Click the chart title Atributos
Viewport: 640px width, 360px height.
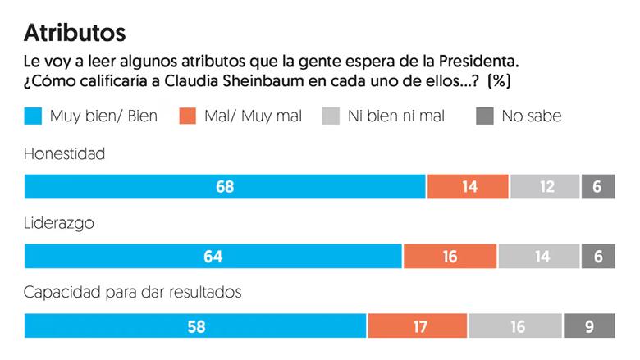[75, 32]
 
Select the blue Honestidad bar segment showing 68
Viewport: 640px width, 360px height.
[225, 187]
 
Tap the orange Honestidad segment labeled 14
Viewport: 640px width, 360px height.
[468, 187]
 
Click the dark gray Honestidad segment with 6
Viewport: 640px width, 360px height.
[597, 187]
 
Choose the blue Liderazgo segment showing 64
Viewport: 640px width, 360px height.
[213, 256]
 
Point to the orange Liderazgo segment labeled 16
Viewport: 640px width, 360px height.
[450, 256]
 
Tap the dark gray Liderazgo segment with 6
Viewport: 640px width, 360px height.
[597, 256]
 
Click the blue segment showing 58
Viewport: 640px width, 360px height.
[195, 326]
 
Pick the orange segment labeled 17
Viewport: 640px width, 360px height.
[418, 326]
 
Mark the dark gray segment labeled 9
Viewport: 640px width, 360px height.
[588, 326]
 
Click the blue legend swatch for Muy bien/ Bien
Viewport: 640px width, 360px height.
[33, 116]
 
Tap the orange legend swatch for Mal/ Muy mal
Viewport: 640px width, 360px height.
[186, 116]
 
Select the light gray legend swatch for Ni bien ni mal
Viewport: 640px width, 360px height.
[331, 116]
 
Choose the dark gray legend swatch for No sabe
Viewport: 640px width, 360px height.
[483, 116]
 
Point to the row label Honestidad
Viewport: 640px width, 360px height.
[64, 153]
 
